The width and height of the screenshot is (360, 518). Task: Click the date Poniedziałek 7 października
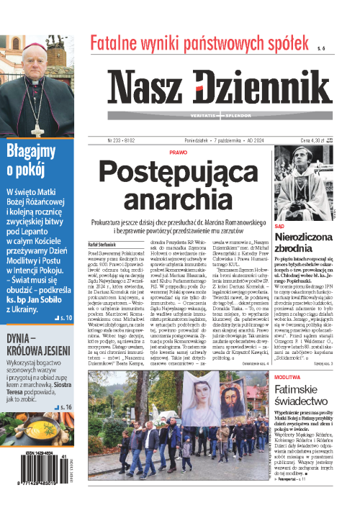click(219, 140)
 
